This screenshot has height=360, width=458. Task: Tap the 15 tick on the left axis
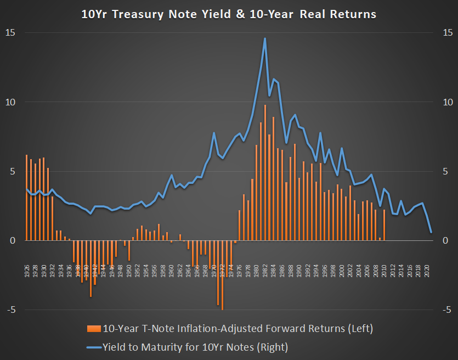pyautogui.click(x=10, y=33)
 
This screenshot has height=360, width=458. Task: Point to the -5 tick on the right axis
pyautogui.click(x=447, y=310)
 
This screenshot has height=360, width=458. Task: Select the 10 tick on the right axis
pyautogui.click(x=447, y=102)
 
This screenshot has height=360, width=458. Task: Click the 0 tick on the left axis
pyautogui.click(x=12, y=240)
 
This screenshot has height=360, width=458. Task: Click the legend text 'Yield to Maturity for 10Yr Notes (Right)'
pyautogui.click(x=195, y=347)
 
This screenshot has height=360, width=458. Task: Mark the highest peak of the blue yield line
pyautogui.click(x=265, y=38)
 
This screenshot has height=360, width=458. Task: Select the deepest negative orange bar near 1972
pyautogui.click(x=222, y=274)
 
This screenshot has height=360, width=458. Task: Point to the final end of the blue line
pyautogui.click(x=431, y=232)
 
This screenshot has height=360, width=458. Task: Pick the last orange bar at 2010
pyautogui.click(x=385, y=225)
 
